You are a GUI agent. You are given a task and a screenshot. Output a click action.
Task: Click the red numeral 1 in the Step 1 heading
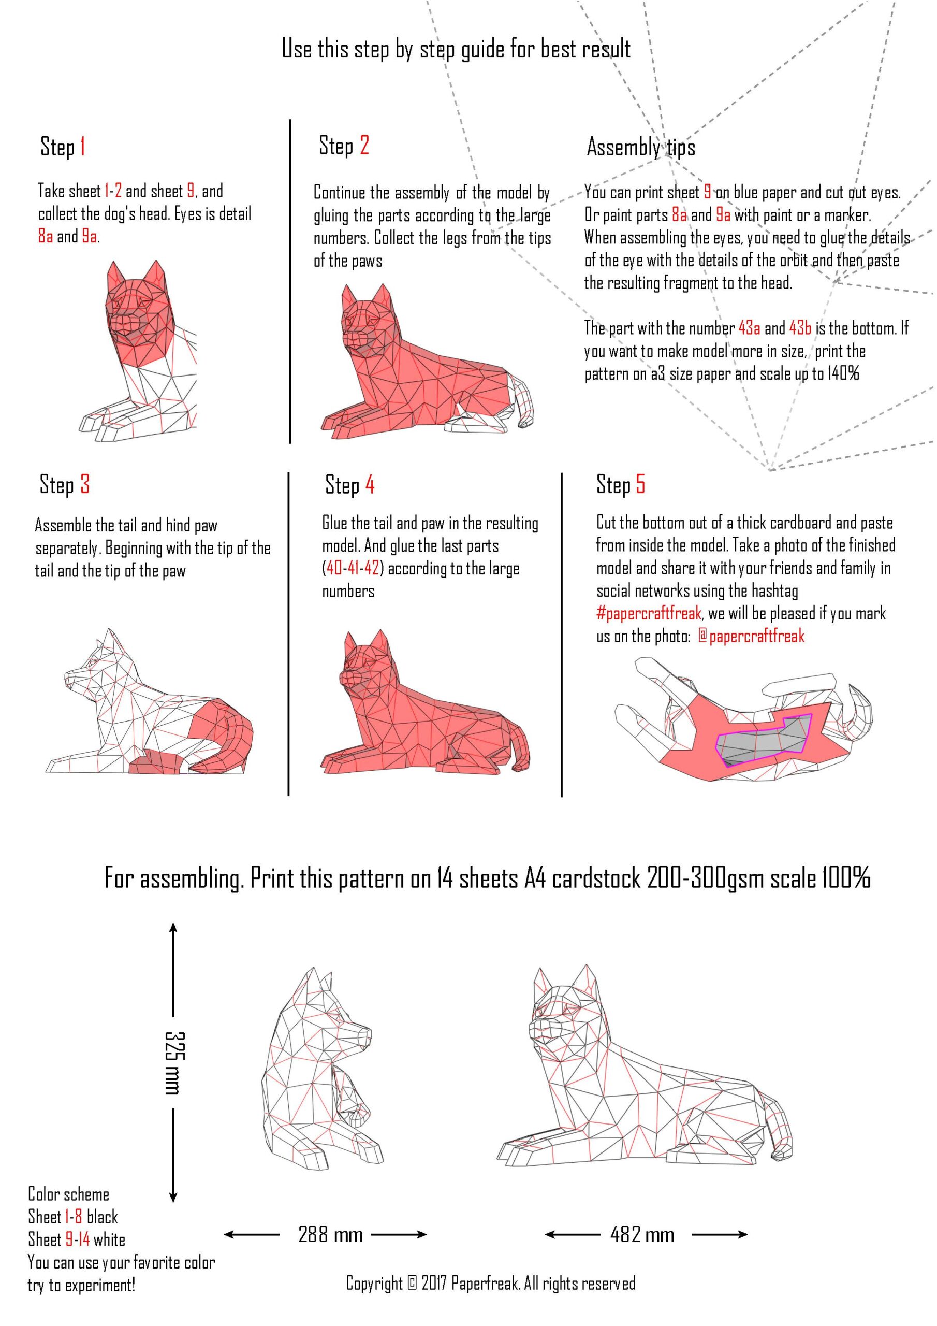coord(82,147)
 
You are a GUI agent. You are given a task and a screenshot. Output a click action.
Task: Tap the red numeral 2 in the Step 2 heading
coord(364,145)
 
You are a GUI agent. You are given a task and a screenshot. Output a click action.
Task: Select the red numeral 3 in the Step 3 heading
coord(85,484)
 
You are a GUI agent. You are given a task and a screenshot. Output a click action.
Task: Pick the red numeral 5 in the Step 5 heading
coord(640,484)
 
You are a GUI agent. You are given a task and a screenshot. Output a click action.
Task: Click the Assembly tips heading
coord(641,147)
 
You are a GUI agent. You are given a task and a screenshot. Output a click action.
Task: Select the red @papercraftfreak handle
coord(751,636)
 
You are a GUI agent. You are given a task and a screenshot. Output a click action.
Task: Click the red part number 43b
coord(800,328)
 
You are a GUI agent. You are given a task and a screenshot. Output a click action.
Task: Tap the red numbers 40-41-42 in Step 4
coord(353,568)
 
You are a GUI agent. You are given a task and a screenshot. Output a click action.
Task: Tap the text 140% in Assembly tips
coord(843,373)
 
